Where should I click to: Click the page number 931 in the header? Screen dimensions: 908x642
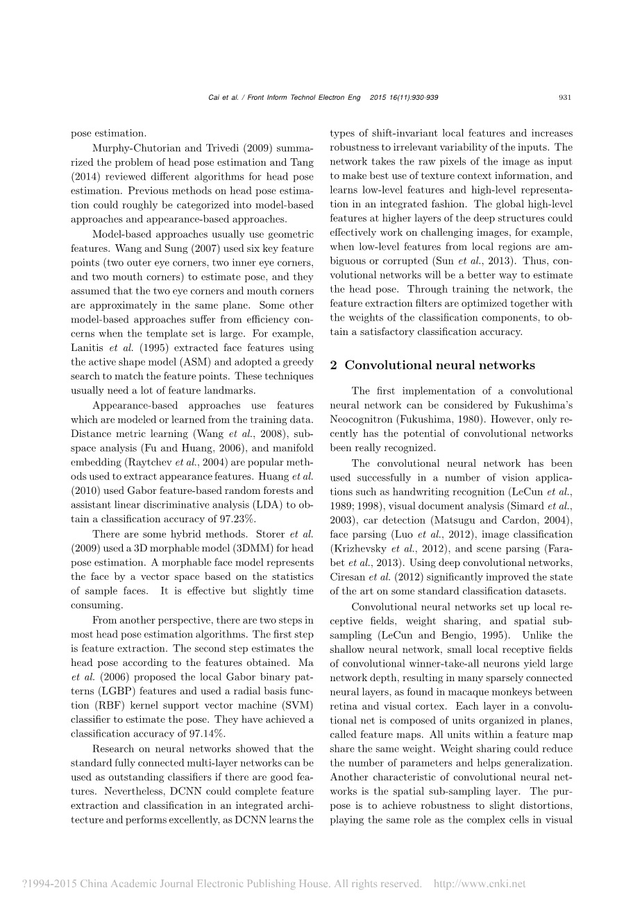tap(564, 98)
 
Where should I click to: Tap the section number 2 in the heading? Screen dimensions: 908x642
tap(334, 366)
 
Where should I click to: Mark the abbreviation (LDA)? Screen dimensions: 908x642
tap(275, 505)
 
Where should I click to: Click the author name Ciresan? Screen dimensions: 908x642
tap(348, 577)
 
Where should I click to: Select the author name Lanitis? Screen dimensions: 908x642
tap(87, 348)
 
